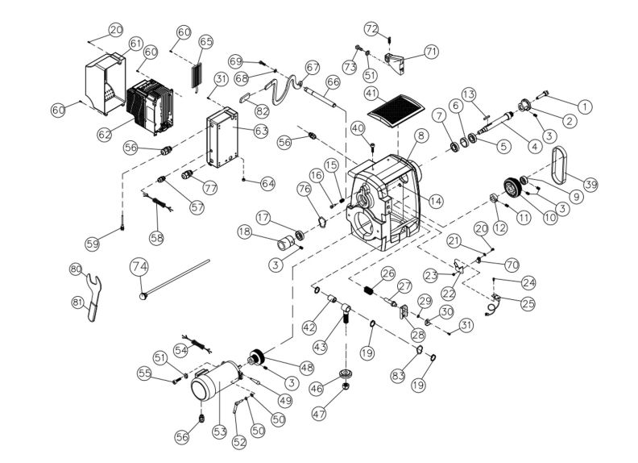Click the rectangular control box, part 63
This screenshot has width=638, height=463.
tap(223, 141)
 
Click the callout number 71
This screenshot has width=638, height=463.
tap(432, 52)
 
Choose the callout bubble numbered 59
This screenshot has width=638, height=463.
tap(93, 243)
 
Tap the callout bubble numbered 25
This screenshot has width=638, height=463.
tap(528, 304)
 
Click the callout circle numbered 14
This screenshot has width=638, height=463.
tap(436, 201)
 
